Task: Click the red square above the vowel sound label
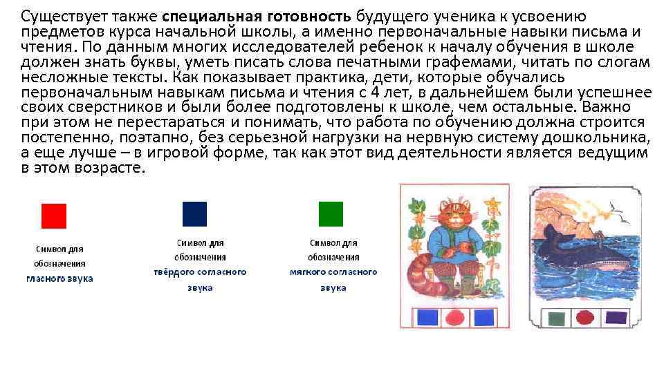[x=54, y=216]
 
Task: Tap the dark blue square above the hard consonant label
[x=194, y=214]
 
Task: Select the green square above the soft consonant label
[x=331, y=214]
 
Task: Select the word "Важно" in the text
[x=607, y=108]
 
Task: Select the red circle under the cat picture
[x=454, y=317]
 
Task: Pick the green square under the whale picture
[x=555, y=318]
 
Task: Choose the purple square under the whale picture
[x=616, y=318]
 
